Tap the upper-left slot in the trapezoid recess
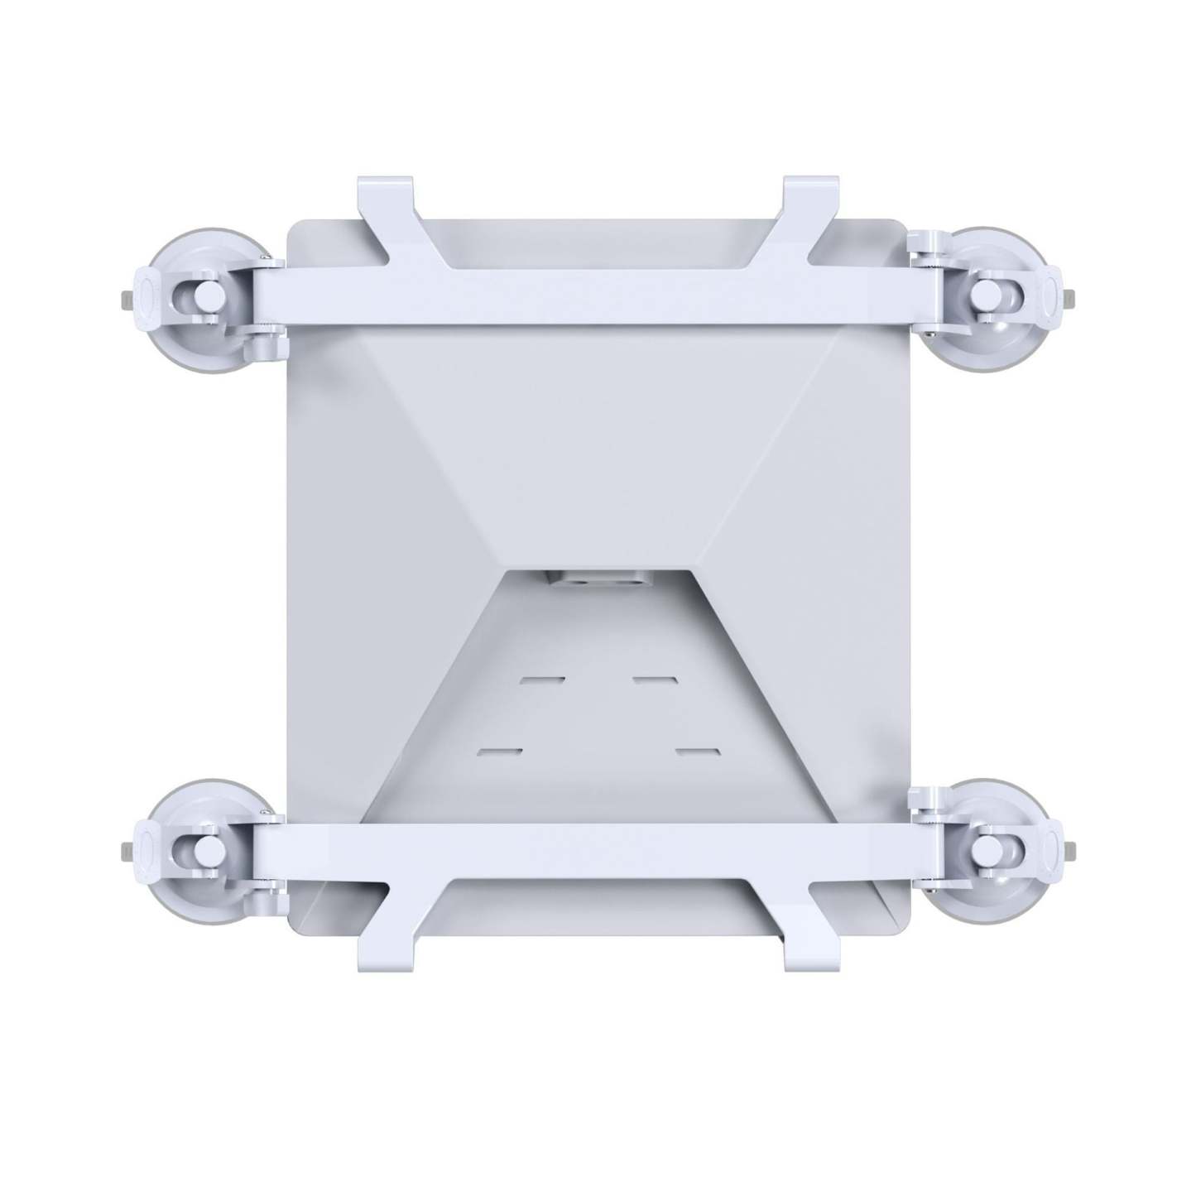[x=543, y=681]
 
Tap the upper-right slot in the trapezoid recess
[x=654, y=681]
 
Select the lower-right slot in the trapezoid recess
[x=696, y=752]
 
